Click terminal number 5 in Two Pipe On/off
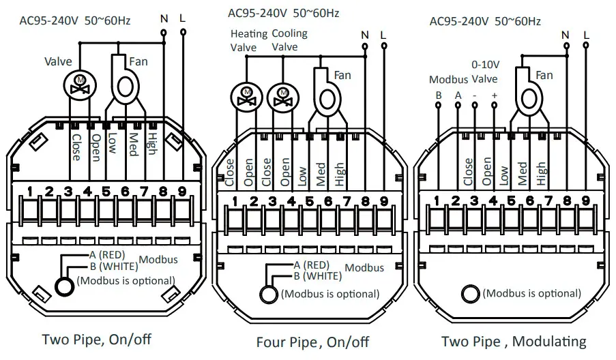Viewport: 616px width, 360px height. click(106, 192)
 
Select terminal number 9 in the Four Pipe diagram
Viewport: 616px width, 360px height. click(383, 201)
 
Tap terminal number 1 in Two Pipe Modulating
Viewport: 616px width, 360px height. click(437, 200)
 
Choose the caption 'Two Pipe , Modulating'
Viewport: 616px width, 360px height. click(513, 342)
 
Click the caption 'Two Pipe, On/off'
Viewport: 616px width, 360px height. click(96, 339)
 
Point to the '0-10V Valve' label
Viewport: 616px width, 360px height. click(484, 71)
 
